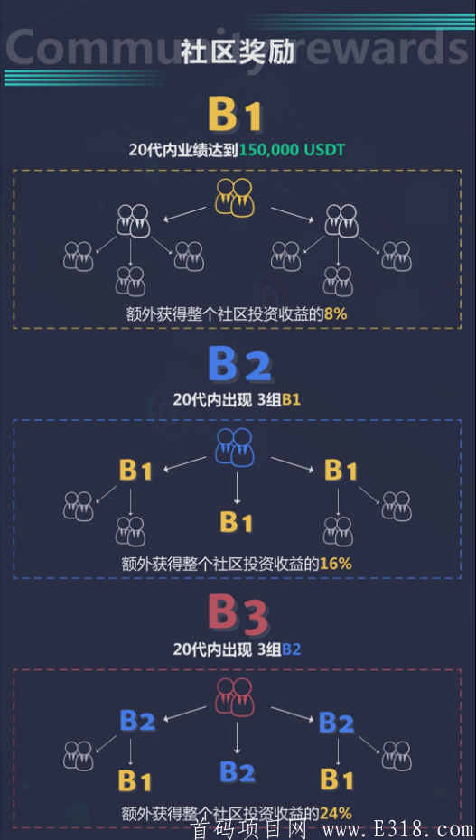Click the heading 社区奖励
click(238, 52)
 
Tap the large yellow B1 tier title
click(236, 116)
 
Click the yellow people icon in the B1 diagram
click(235, 197)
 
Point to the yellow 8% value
click(336, 313)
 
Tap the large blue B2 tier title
click(239, 365)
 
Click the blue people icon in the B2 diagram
click(235, 446)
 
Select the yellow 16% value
click(336, 564)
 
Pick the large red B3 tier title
click(238, 614)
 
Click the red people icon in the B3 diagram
click(235, 696)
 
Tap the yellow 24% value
click(336, 814)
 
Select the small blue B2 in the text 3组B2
click(291, 649)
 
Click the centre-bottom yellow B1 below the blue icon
click(237, 521)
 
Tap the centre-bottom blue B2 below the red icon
click(238, 771)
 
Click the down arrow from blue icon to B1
click(238, 488)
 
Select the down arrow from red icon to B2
click(238, 737)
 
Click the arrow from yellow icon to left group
click(185, 213)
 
